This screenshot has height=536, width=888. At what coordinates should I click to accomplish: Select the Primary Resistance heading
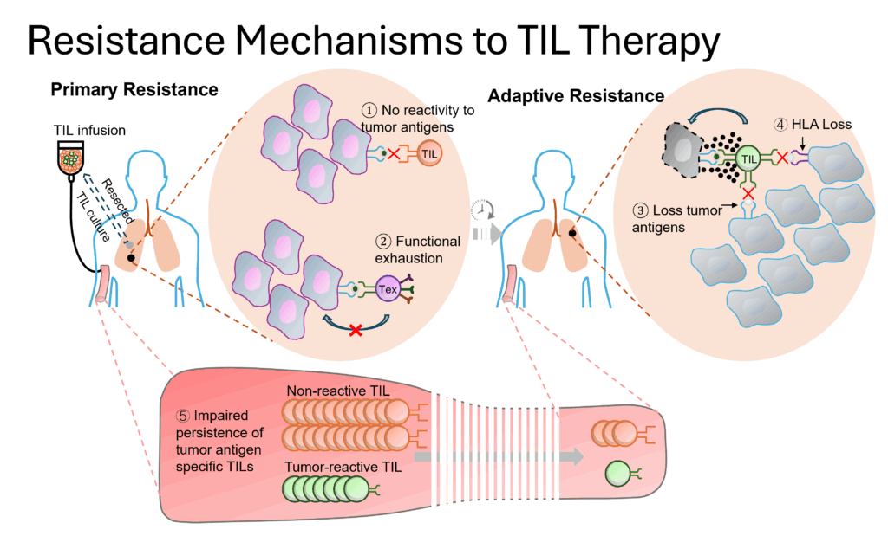pos(134,89)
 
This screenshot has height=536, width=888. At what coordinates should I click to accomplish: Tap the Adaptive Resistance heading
pos(576,96)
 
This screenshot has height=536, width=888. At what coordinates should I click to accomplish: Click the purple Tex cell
pos(388,290)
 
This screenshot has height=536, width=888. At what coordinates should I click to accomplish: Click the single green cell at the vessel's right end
pos(618,473)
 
